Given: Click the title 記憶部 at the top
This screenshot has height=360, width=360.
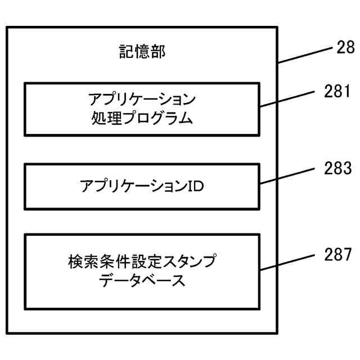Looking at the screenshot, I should tap(142, 52).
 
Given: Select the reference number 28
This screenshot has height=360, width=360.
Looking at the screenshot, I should tap(344, 48).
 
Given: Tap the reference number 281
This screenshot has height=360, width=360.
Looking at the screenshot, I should tap(337, 91).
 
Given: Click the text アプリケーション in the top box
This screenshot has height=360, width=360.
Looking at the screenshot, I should tap(142, 100).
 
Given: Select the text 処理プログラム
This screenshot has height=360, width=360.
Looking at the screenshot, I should tap(142, 119).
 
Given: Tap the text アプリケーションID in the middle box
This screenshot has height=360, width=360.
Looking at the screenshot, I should tap(142, 186).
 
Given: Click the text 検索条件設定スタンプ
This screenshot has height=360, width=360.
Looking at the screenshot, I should tap(142, 262).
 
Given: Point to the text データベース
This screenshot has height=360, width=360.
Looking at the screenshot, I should tap(142, 281).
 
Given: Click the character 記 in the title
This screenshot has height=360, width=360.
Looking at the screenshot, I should tap(126, 52).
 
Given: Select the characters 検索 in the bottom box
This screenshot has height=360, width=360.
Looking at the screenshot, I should tap(83, 262).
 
